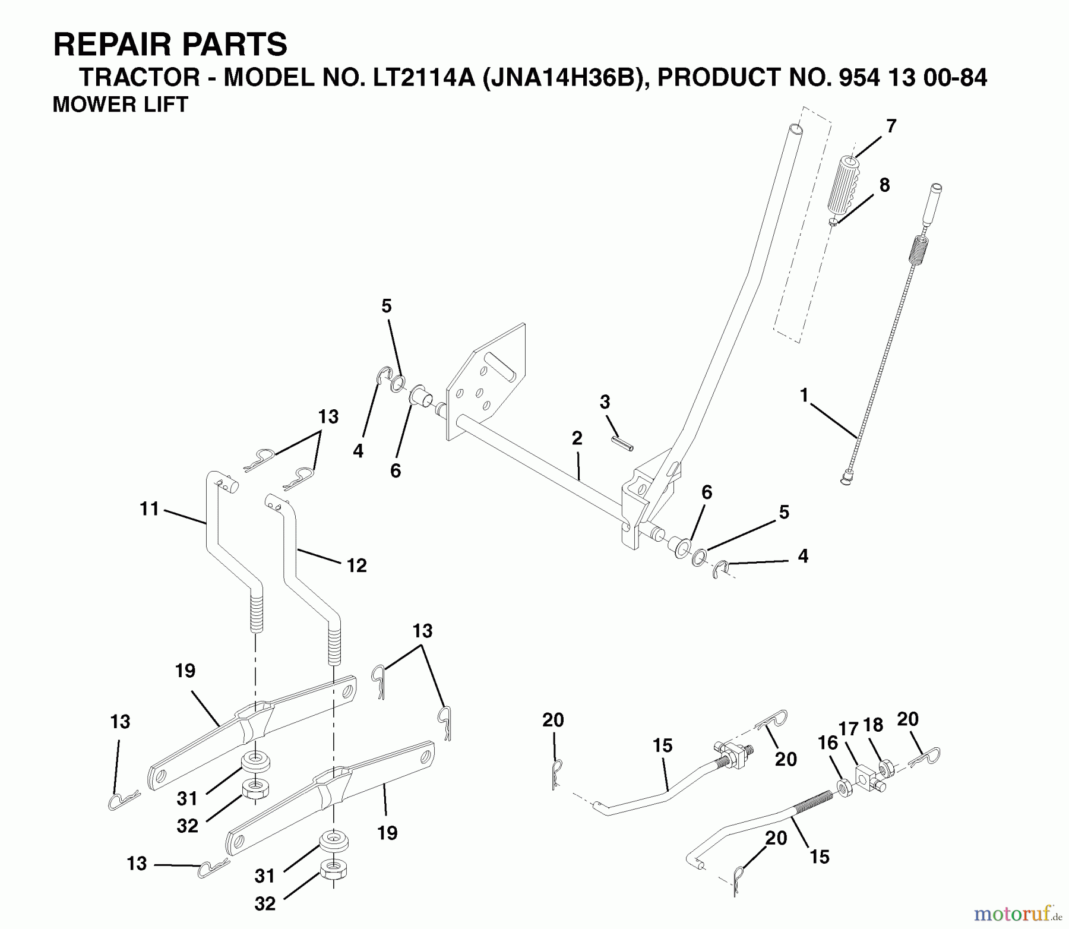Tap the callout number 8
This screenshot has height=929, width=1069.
point(884,185)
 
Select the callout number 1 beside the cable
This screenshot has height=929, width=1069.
point(804,395)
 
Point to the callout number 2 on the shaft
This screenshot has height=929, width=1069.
point(577,438)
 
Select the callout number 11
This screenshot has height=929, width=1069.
point(150,509)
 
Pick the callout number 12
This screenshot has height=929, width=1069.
point(356,565)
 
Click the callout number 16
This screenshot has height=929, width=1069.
point(828,743)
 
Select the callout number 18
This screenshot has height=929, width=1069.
point(873,725)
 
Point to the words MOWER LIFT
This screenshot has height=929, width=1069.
point(121,105)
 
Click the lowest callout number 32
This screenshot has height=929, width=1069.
point(265,903)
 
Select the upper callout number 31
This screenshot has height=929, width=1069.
point(187,799)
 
